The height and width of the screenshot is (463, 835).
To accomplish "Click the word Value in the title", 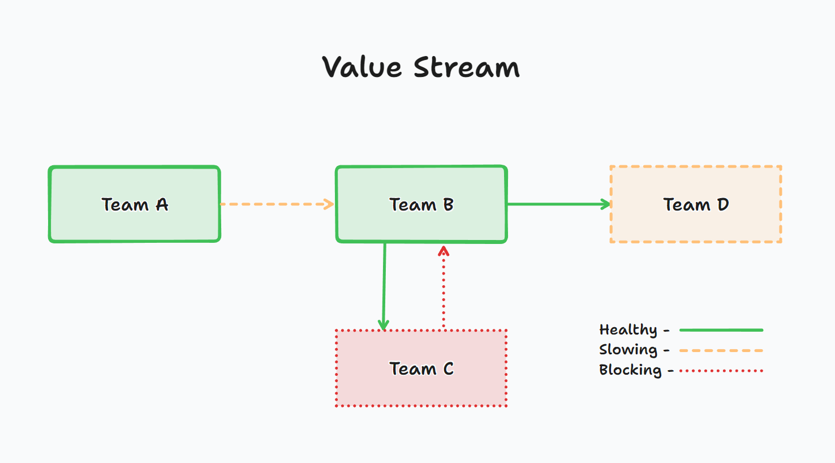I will (362, 67).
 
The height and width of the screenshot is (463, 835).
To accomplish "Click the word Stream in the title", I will (466, 67).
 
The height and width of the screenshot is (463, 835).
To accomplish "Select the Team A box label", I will (135, 204).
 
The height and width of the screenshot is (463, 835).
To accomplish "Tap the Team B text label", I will (421, 204).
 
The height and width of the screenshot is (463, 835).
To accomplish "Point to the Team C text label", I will (421, 369).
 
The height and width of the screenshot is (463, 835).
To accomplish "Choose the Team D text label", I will (696, 204).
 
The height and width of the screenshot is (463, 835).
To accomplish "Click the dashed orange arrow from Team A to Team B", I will (272, 204).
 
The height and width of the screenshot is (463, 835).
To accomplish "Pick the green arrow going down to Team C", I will (384, 283).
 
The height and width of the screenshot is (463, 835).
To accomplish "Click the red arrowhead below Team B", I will (444, 251).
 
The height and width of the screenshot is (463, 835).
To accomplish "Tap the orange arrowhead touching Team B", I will (329, 204).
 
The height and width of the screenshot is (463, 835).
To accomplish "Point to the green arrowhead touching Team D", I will (606, 204).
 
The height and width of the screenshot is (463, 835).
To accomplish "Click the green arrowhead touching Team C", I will (384, 325).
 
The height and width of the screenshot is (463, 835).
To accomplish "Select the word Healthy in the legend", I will (628, 330).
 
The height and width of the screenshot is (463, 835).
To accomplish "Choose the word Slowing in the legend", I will (628, 350).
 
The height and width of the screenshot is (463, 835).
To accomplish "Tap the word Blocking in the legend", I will (630, 370).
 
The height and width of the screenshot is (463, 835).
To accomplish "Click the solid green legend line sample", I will (721, 330).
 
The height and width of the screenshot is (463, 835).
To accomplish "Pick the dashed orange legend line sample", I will (721, 351).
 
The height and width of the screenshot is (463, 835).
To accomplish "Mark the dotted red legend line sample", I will (721, 371).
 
